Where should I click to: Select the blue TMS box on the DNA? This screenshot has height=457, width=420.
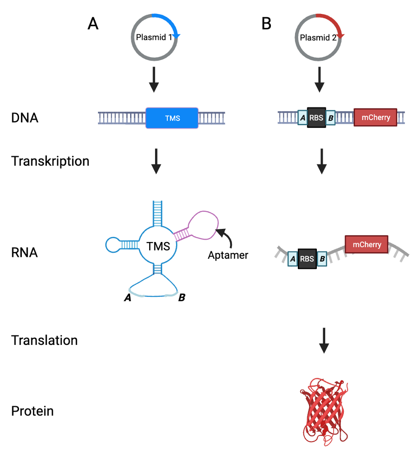[x=172, y=118]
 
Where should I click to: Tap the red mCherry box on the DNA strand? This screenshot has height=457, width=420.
[x=375, y=117]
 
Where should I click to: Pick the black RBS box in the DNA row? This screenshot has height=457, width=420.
[x=316, y=118]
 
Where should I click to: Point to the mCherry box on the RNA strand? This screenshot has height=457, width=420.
[x=367, y=244]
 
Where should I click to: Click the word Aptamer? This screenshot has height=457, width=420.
[x=228, y=255]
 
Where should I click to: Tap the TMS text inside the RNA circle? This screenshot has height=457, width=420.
[x=158, y=246]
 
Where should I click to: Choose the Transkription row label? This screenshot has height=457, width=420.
[x=50, y=161]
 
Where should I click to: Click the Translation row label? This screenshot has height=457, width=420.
[x=45, y=340]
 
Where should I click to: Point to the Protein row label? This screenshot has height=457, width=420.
[x=33, y=411]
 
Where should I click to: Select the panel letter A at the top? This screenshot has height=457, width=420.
[x=93, y=24]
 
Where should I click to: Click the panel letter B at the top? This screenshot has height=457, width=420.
[x=266, y=24]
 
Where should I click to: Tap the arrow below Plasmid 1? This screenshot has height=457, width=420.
[x=154, y=80]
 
